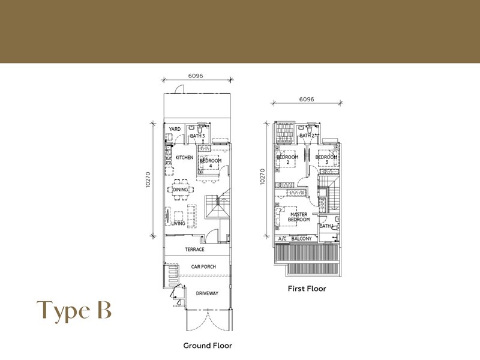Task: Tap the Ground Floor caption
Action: (207, 346)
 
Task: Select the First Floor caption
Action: (307, 289)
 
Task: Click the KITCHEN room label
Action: (184, 157)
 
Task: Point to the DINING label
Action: (181, 190)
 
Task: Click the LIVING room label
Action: (178, 223)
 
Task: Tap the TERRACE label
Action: (194, 250)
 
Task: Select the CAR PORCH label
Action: (203, 267)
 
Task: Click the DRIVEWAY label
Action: (207, 293)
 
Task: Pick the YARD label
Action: (175, 129)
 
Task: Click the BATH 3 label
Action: (197, 136)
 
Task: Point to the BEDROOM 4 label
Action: (211, 163)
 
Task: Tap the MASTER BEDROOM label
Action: (299, 217)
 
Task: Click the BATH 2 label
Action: (307, 136)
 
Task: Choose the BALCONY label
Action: (301, 239)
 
